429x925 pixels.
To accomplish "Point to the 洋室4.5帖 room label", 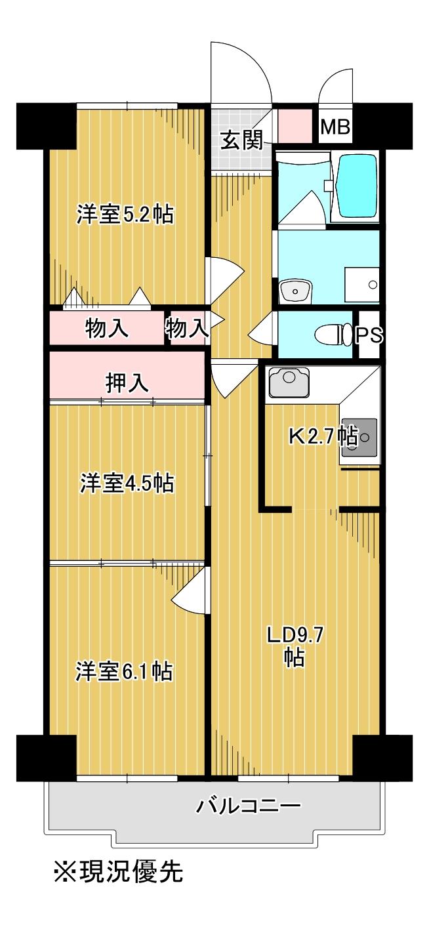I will (127, 483).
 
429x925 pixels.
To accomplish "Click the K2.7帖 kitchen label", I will (323, 436).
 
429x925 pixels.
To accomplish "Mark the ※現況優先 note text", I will (117, 872).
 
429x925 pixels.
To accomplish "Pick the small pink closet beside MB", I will (295, 127).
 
